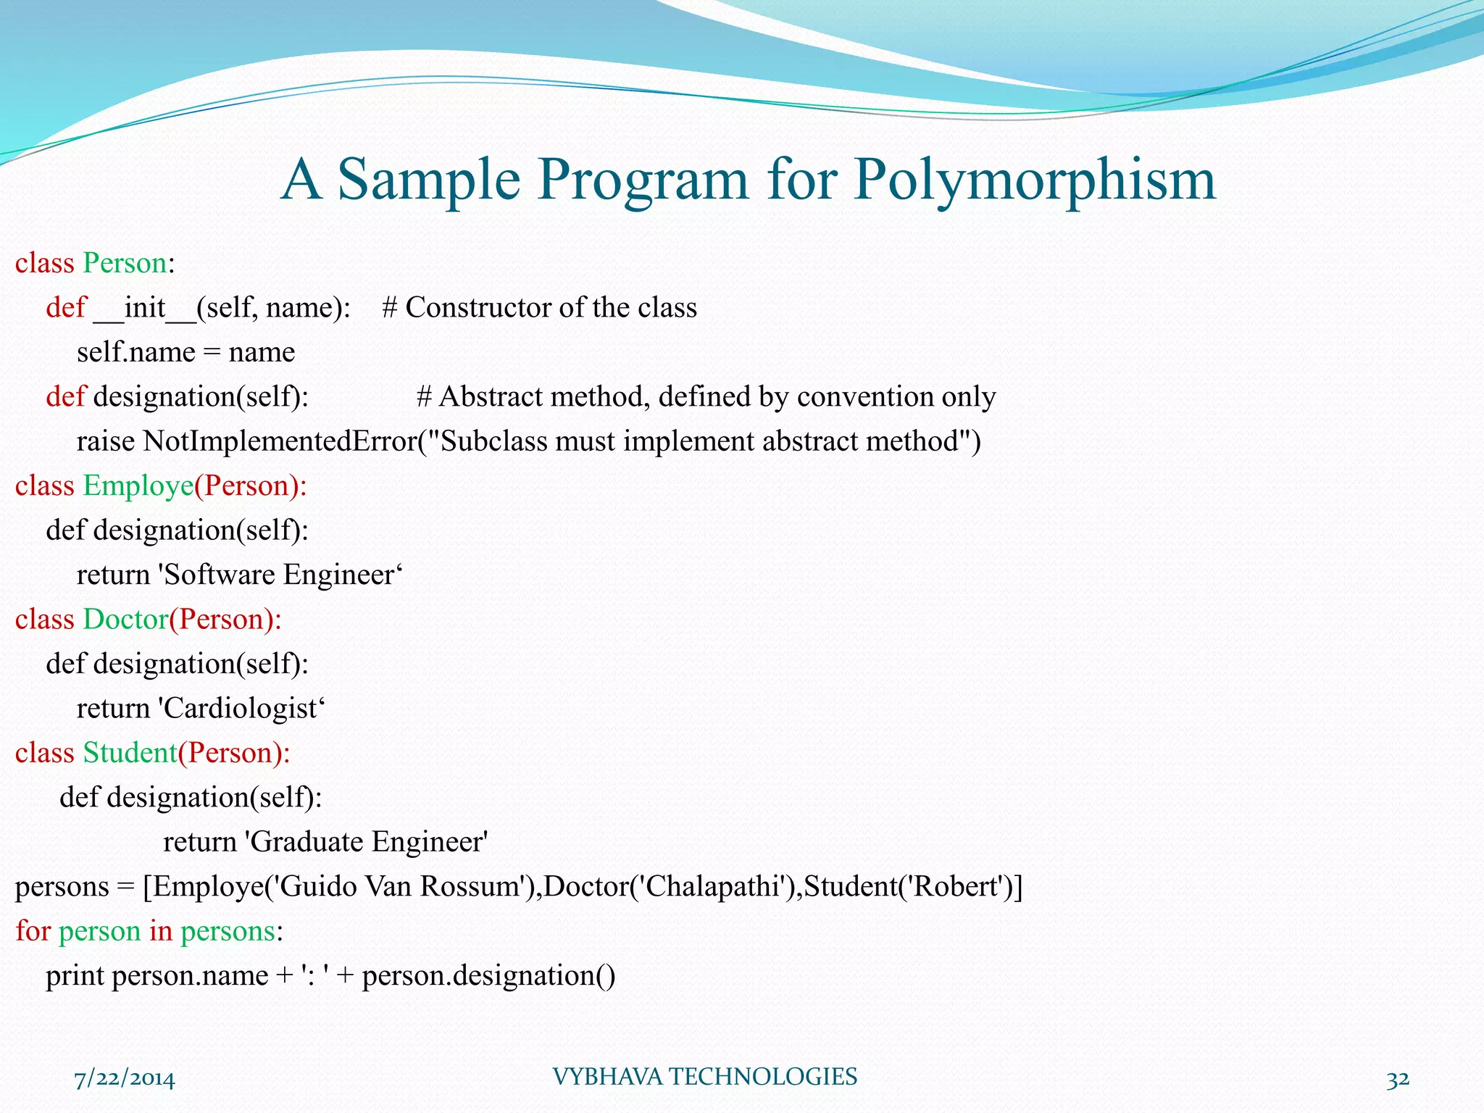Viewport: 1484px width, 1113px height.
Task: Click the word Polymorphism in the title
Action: click(x=1035, y=180)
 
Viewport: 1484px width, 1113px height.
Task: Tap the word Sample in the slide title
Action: click(x=429, y=180)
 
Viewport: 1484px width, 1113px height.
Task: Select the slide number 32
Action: click(x=1398, y=1079)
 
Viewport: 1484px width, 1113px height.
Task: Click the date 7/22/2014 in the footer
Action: click(x=125, y=1079)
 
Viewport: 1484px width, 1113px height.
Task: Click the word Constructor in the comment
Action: click(x=478, y=308)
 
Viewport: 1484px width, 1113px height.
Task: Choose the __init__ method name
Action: click(x=145, y=308)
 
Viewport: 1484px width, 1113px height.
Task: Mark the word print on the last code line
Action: click(x=75, y=976)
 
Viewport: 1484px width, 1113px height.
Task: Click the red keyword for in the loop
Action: click(x=33, y=931)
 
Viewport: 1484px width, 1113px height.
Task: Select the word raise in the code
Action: click(x=105, y=441)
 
